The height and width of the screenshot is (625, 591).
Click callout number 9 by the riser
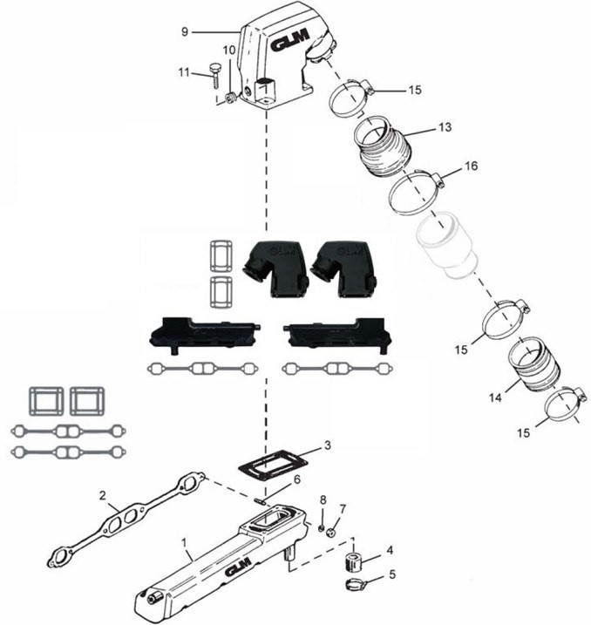point(185,32)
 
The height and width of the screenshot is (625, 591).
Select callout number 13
point(444,127)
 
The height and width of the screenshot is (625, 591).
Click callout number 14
point(495,397)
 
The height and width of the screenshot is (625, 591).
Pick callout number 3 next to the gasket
point(327,445)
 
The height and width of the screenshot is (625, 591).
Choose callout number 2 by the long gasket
point(103,496)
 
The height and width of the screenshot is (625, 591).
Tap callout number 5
point(391,574)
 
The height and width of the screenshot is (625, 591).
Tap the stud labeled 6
point(263,500)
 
